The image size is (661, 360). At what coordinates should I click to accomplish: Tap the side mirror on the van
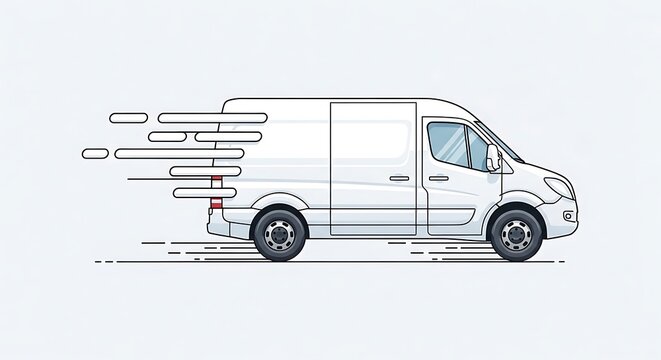tap(492, 157)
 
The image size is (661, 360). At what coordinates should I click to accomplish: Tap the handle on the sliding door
tap(399, 178)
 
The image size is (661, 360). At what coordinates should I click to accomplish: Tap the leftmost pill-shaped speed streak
tap(95, 153)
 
